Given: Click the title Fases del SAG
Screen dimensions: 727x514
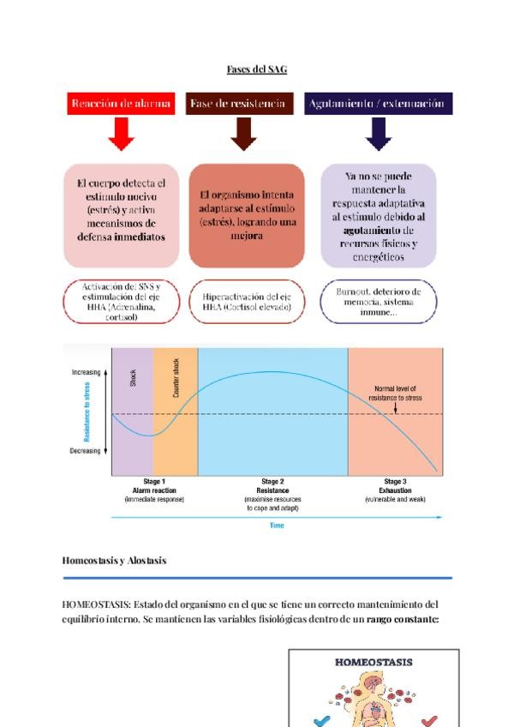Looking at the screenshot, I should point(257,69).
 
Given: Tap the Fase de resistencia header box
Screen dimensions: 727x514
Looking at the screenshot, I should point(239,104).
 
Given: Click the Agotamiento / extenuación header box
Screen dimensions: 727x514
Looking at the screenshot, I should point(378,104).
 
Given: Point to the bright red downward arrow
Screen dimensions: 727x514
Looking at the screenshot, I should point(121,134).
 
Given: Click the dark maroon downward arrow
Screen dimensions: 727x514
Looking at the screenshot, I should point(243,134).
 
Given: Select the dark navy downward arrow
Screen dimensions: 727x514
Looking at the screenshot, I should point(378,134).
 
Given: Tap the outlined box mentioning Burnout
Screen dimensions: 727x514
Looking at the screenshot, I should point(379,303).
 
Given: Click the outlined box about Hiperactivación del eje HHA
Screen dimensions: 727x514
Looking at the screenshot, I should point(247,301).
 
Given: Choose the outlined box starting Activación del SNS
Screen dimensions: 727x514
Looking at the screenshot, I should point(121,301).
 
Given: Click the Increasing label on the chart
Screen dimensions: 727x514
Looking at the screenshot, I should point(85,373).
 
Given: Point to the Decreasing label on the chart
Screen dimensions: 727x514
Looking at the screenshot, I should point(85,450).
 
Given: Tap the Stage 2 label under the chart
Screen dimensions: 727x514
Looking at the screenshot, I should point(272,482).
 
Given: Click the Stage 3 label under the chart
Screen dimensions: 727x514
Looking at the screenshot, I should point(395,482).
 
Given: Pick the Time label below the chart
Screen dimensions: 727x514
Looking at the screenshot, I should point(277,525).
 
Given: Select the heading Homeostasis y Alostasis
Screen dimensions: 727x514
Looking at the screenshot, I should point(114,560).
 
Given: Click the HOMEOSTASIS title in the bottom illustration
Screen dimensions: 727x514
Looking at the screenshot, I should point(373,662).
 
